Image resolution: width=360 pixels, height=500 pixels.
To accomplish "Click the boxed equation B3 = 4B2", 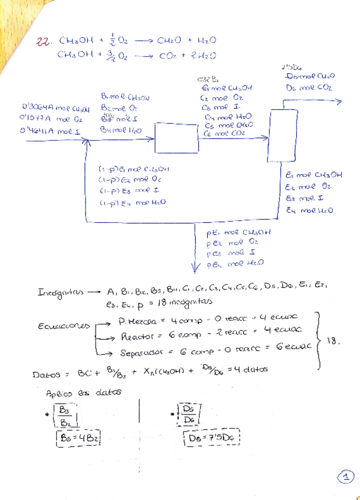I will click(78, 439).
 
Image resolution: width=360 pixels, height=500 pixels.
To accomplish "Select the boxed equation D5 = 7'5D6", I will click(215, 439).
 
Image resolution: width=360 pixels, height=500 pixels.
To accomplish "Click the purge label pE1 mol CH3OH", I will click(235, 233).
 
